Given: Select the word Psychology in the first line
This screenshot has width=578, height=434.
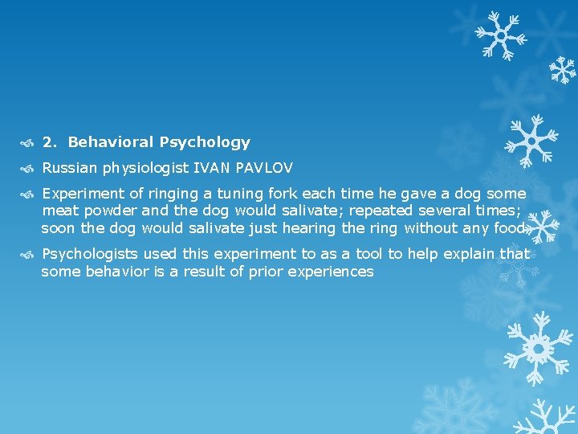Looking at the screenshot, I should [x=205, y=143].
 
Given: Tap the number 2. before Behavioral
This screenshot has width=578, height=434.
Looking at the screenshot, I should [x=50, y=142].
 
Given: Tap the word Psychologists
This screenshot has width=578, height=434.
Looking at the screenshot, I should [x=88, y=254].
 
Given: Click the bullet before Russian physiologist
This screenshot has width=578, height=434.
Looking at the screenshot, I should [x=29, y=169].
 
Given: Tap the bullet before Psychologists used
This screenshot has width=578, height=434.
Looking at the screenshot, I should [x=29, y=255].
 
